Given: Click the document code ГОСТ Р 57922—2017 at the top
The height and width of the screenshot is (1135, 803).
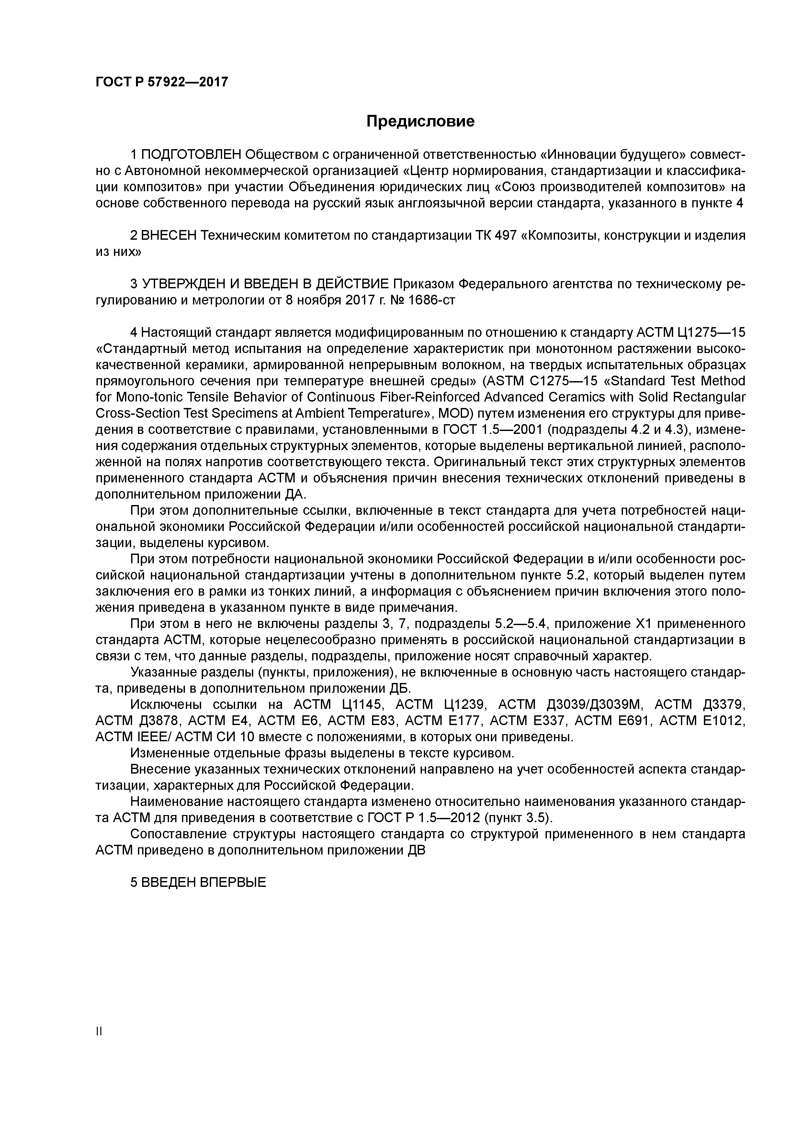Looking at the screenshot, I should click(x=162, y=82).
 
